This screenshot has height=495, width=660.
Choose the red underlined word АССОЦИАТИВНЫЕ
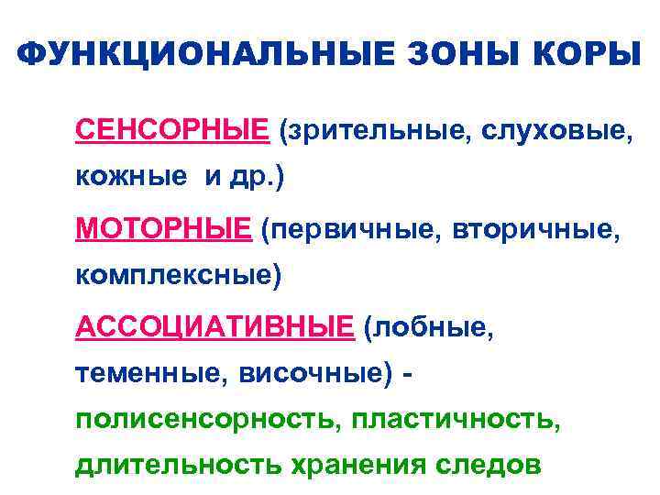pos(214,324)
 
